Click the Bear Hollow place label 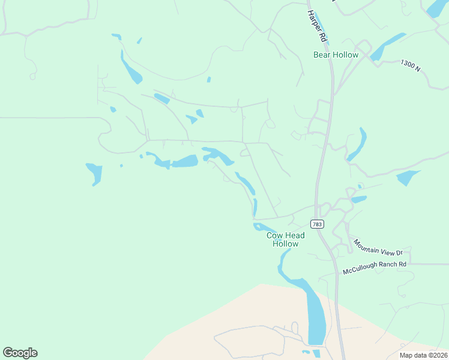(x=336, y=55)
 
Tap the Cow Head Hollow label (x=285, y=240)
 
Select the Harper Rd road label (x=316, y=26)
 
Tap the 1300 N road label (x=411, y=65)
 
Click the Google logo (x=20, y=352)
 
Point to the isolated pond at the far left (x=94, y=172)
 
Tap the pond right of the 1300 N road (x=408, y=177)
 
